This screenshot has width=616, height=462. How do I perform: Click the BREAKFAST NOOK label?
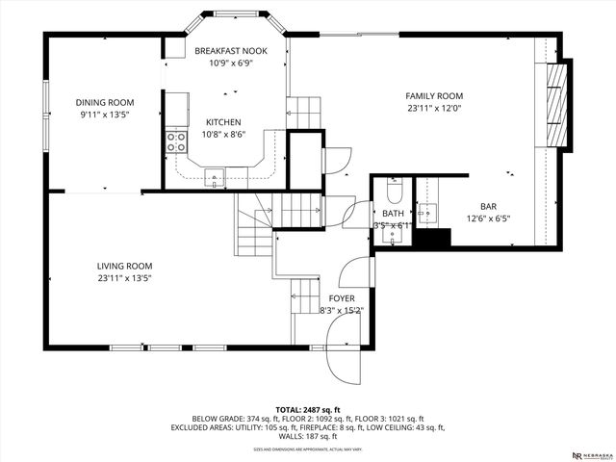click(x=229, y=50)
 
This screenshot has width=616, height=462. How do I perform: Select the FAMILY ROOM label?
click(x=434, y=96)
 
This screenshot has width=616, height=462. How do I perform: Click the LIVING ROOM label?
click(x=124, y=266)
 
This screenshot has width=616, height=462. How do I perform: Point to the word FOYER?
click(x=341, y=298)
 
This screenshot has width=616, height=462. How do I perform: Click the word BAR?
click(x=489, y=206)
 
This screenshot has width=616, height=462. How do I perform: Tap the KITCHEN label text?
click(x=223, y=122)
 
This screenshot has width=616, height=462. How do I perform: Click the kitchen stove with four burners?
click(x=176, y=143)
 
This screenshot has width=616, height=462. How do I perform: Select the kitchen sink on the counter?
click(x=214, y=175)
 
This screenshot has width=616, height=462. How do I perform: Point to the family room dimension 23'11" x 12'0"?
click(x=434, y=109)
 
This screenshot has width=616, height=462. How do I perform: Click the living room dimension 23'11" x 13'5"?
click(x=124, y=278)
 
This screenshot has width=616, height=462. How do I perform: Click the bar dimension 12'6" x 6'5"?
click(x=489, y=218)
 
